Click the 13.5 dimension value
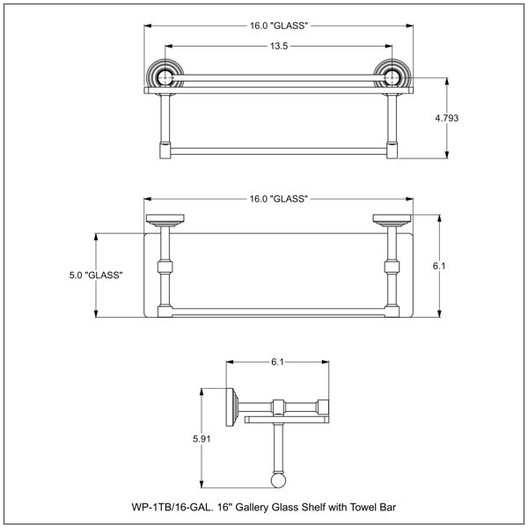point(279,46)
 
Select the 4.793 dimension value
point(446,118)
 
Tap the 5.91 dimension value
point(202,439)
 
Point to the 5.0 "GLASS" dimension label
point(96,275)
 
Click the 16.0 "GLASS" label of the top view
point(279,26)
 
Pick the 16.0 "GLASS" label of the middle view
point(279,199)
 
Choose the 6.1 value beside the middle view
point(439,266)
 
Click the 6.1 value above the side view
point(277,362)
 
